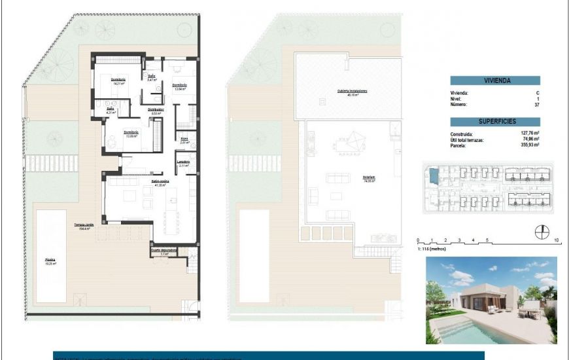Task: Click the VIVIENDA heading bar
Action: [495, 81]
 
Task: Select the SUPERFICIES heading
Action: [495, 121]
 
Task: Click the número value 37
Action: [537, 104]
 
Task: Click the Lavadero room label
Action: [184, 162]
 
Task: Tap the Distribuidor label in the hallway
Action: [155, 109]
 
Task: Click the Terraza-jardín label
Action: [84, 225]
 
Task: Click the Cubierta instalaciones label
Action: [353, 91]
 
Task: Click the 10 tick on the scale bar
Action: [555, 240]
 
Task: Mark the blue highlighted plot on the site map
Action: [432, 175]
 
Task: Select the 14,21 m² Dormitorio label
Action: [118, 80]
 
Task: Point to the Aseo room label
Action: [184, 139]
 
